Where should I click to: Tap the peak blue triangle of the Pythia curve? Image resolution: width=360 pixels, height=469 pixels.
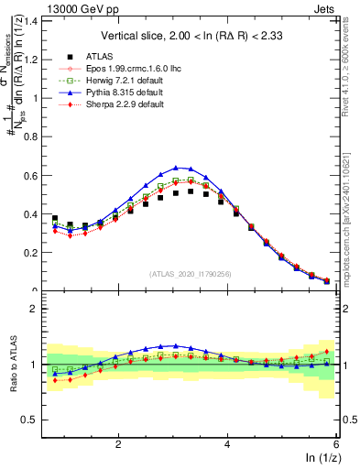pos(175,168)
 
